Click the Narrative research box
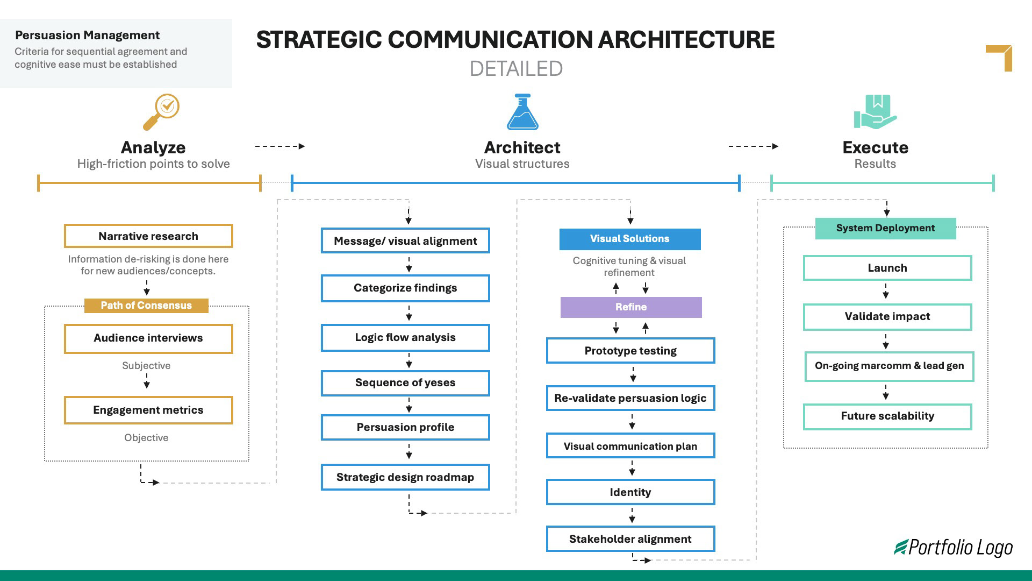tap(148, 236)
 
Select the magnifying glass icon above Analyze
tap(161, 112)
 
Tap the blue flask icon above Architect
tap(522, 112)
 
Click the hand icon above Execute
tap(875, 112)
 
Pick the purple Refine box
tap(631, 307)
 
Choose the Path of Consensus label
tap(146, 306)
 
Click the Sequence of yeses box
tap(405, 383)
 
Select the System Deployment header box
tap(885, 228)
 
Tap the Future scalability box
tap(887, 416)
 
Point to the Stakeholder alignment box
tap(630, 539)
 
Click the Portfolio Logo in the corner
tap(954, 548)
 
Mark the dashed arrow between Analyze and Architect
tap(279, 146)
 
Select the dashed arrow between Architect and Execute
tap(753, 146)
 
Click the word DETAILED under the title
tap(516, 69)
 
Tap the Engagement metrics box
tap(148, 410)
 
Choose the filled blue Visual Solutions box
tap(630, 239)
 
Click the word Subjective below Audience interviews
tap(146, 366)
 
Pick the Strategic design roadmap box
tap(405, 477)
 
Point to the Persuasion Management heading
tap(87, 36)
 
